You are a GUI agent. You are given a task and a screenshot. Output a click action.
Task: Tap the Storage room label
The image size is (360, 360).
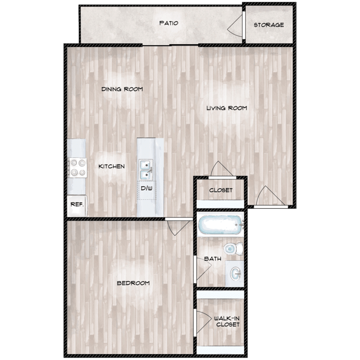268,25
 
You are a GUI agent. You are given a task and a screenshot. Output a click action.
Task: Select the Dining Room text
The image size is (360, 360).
122,89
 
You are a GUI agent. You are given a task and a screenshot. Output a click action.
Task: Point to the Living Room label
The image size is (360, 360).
227,108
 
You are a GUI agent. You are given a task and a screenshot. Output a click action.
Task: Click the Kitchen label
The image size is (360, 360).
111,167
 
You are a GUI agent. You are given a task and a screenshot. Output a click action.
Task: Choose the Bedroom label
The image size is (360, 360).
133,283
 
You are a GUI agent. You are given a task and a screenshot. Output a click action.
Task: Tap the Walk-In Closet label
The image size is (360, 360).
227,321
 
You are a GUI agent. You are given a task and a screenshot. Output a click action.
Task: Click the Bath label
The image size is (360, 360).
213,259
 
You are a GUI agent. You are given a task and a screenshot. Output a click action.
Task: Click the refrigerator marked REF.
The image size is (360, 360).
77,204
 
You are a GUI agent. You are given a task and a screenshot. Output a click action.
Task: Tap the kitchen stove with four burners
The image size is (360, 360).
77,168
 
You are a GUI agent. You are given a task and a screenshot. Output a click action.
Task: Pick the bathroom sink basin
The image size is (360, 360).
235,274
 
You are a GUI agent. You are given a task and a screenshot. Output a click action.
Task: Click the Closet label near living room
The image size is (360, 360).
221,190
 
